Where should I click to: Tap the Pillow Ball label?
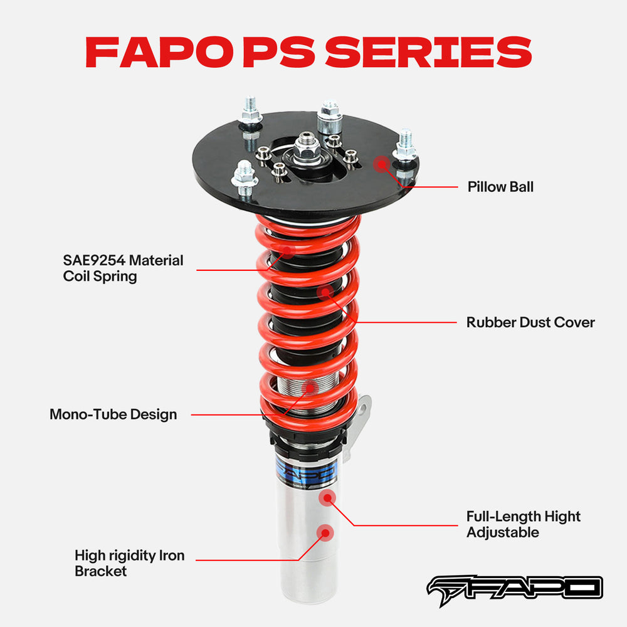[x=500, y=187]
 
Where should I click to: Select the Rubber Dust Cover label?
[x=530, y=322]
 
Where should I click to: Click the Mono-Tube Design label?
[x=113, y=414]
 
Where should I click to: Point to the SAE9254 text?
[x=93, y=260]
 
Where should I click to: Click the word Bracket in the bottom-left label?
[x=100, y=571]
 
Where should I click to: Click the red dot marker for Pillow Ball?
[x=381, y=164]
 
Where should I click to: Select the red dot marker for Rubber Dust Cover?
[x=325, y=292]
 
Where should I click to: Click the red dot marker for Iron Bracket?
[x=324, y=533]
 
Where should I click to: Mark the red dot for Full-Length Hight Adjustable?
[x=327, y=498]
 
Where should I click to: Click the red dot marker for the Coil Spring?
[x=287, y=251]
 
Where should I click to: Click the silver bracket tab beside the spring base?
[x=363, y=414]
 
